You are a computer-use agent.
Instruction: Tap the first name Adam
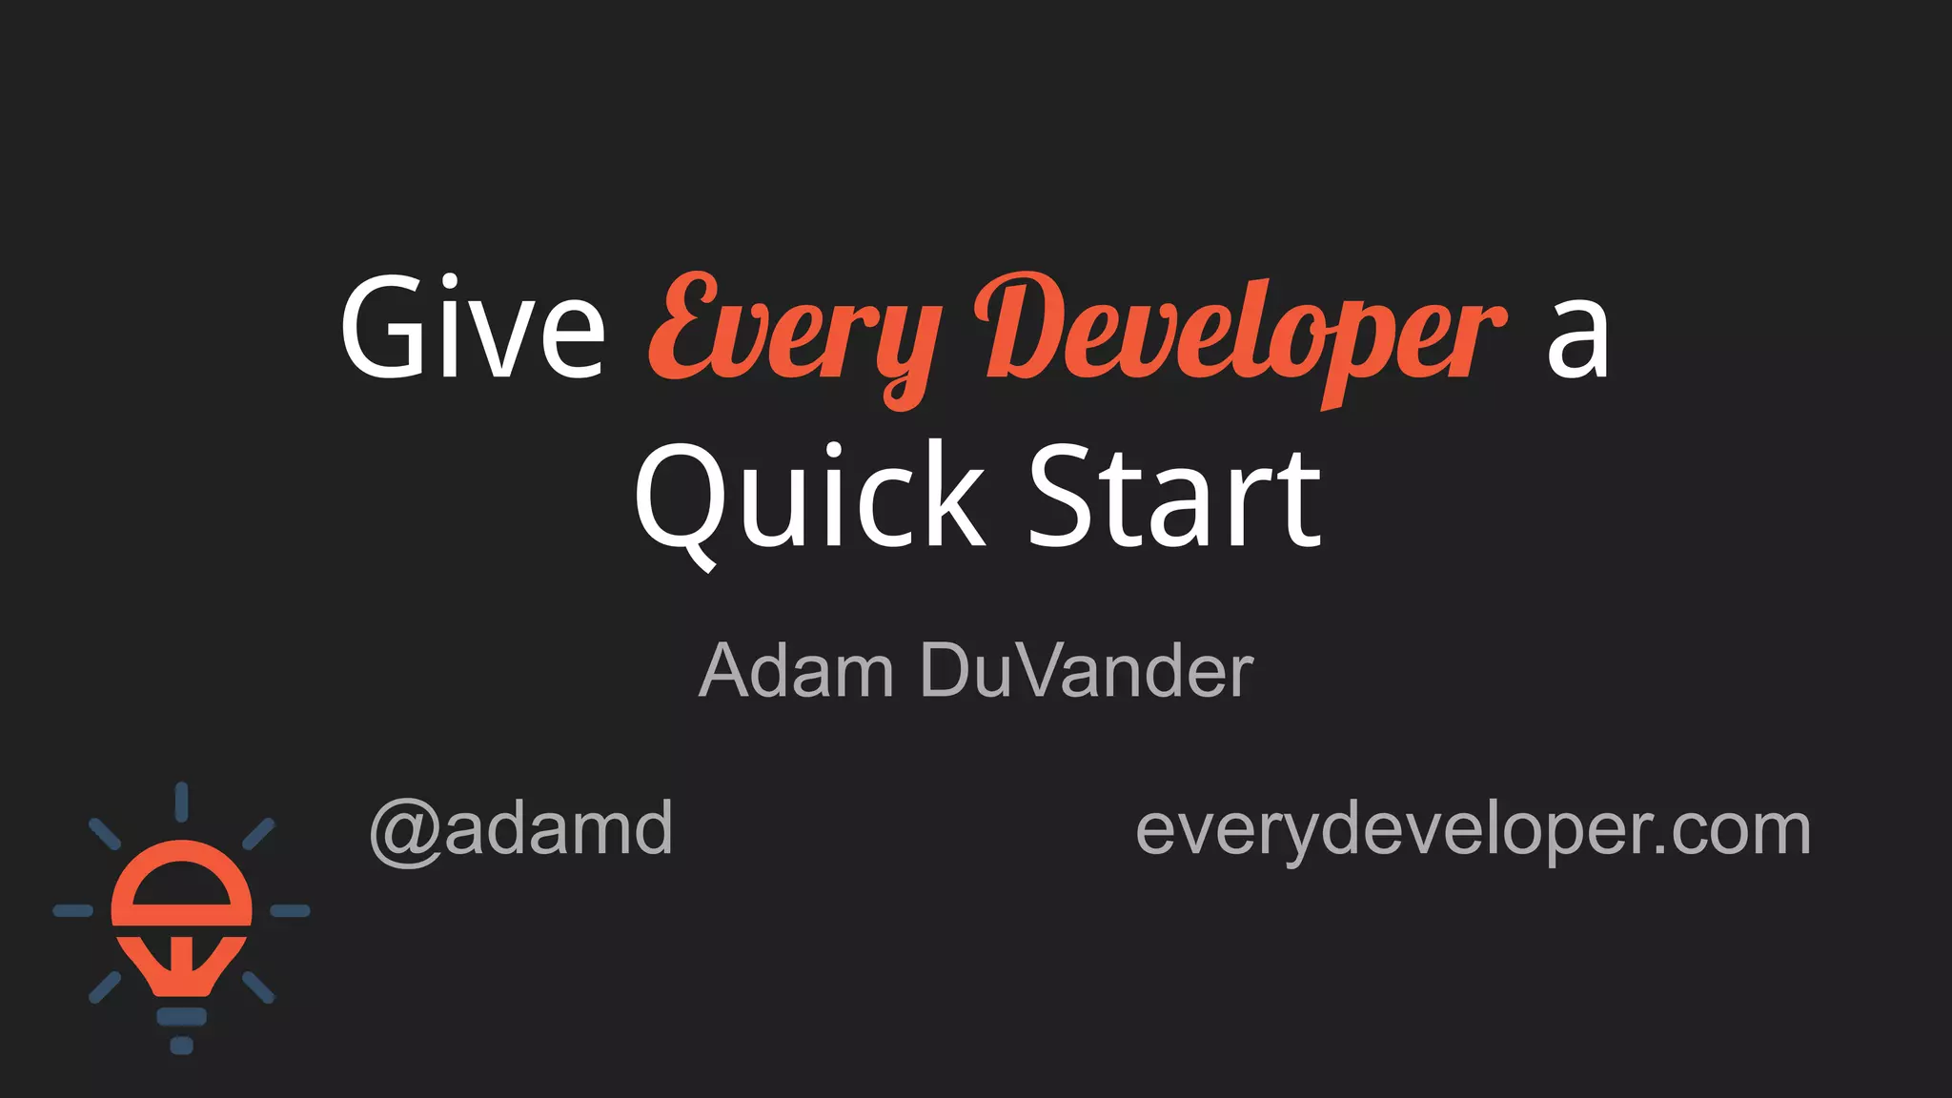tap(796, 671)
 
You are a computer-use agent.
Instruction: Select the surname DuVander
tap(1087, 671)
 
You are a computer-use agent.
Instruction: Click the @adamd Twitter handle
tap(521, 829)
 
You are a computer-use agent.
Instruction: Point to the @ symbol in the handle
tap(404, 831)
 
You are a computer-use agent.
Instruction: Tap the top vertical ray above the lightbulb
tap(181, 802)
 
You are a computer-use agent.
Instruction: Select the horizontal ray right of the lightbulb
tap(290, 911)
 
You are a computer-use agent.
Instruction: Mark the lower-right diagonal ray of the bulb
tap(258, 987)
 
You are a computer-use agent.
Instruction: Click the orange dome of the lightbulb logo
tap(181, 882)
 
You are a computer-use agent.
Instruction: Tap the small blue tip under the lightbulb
tap(181, 1046)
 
